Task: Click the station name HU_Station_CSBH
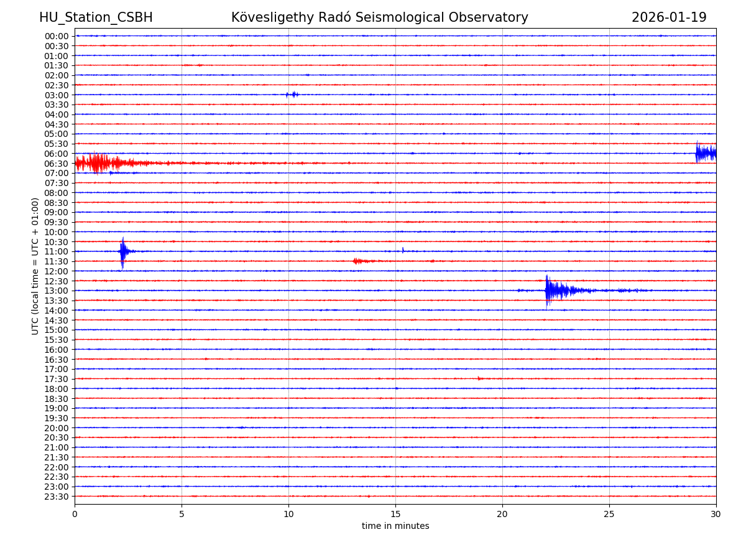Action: point(96,17)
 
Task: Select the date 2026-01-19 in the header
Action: point(669,17)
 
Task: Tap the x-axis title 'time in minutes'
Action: point(395,526)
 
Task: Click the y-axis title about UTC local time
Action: point(35,266)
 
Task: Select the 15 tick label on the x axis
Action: point(395,514)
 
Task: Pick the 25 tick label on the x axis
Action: point(609,514)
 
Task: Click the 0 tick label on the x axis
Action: point(75,514)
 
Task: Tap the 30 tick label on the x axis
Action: point(716,514)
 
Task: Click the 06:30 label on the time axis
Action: point(57,164)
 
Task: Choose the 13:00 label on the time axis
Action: point(57,291)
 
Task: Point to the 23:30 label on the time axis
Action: point(57,497)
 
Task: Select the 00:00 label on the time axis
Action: point(57,36)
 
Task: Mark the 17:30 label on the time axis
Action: point(57,379)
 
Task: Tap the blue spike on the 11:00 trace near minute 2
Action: point(123,251)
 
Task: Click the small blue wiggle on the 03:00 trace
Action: point(292,95)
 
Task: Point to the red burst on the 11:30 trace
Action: point(361,261)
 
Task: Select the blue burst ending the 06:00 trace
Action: point(706,152)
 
